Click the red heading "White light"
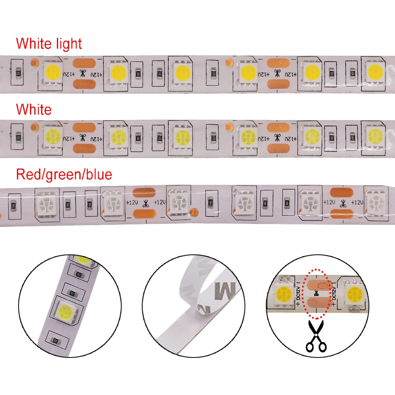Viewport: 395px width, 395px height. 49,43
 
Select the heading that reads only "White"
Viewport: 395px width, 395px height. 34,109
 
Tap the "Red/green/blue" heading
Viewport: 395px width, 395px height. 64,174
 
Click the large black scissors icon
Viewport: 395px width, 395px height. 316,336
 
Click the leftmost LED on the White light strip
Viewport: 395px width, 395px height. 51,72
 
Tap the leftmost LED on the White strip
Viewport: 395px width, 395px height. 51,137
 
